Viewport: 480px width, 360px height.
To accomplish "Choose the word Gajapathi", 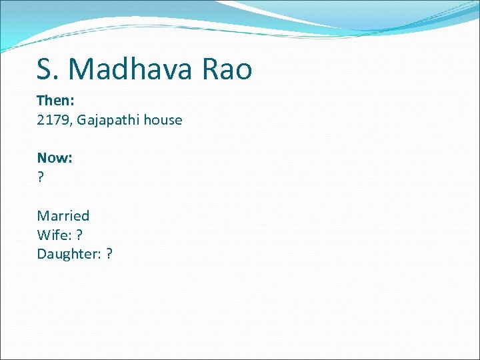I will [x=107, y=120].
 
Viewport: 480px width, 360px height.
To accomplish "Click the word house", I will [x=161, y=120].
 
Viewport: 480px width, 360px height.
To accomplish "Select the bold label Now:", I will [x=55, y=158].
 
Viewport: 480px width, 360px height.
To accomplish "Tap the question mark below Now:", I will [x=41, y=177].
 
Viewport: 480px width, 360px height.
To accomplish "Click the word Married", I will [x=63, y=215].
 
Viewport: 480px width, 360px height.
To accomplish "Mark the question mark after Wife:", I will [x=79, y=235].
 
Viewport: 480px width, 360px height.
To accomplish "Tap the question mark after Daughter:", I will [x=109, y=254].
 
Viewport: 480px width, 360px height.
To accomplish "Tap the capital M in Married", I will [x=43, y=215].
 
